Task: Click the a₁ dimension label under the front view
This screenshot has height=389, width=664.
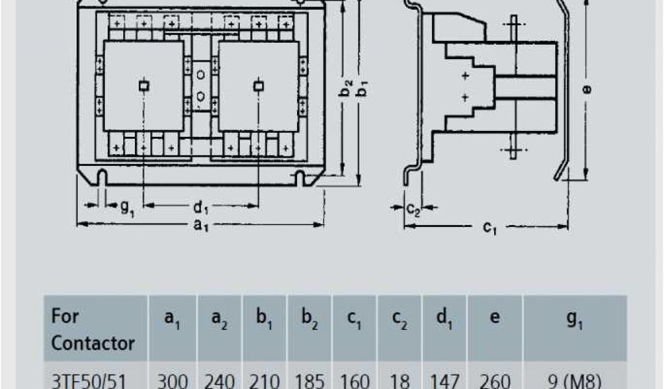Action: [x=202, y=226]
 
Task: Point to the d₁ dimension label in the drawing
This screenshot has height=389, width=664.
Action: [x=201, y=207]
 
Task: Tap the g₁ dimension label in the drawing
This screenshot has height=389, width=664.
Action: [x=127, y=207]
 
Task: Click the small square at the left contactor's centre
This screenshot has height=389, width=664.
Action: [x=144, y=86]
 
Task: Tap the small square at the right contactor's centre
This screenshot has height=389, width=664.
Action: [x=259, y=86]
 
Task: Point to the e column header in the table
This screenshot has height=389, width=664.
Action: [x=495, y=319]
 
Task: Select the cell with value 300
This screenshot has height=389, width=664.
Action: [x=173, y=379]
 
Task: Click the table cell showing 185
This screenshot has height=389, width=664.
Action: [x=309, y=379]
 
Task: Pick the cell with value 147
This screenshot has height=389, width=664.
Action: [x=445, y=379]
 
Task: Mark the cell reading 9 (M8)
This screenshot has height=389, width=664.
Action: [x=575, y=379]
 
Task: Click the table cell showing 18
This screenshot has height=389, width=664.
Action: [x=400, y=379]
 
